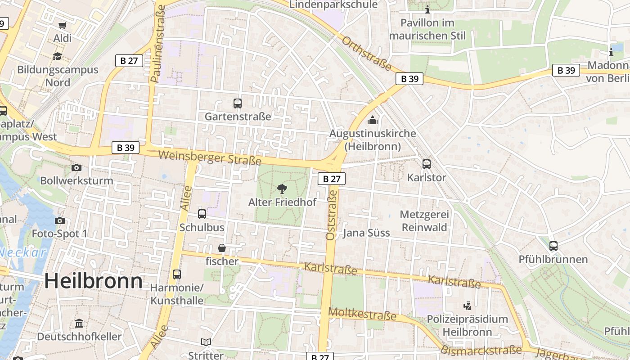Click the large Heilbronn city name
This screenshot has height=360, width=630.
[x=93, y=281]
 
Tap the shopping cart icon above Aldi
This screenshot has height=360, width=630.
[x=62, y=25]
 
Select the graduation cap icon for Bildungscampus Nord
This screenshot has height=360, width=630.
[x=57, y=56]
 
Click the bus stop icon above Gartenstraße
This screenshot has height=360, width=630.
[x=238, y=103]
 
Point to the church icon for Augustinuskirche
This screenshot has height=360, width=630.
[x=372, y=120]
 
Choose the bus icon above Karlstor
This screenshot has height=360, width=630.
[x=426, y=164]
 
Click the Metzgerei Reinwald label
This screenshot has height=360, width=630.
[x=424, y=221]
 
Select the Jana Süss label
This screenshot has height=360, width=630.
[x=366, y=233]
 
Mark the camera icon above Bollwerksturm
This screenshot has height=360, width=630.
[x=76, y=167]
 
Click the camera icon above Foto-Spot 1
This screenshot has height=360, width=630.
[x=59, y=220]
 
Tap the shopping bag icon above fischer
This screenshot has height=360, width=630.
[x=222, y=248]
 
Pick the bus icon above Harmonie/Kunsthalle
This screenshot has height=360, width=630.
[x=177, y=274]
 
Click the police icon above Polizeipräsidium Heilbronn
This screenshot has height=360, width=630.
[x=467, y=306]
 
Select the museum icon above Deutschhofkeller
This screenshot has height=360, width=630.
[x=79, y=323]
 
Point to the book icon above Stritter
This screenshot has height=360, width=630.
[x=206, y=342]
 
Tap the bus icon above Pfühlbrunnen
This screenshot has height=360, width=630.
[x=553, y=246]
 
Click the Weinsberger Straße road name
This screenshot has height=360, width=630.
[x=210, y=157]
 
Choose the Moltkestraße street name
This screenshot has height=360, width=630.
[x=362, y=314]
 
